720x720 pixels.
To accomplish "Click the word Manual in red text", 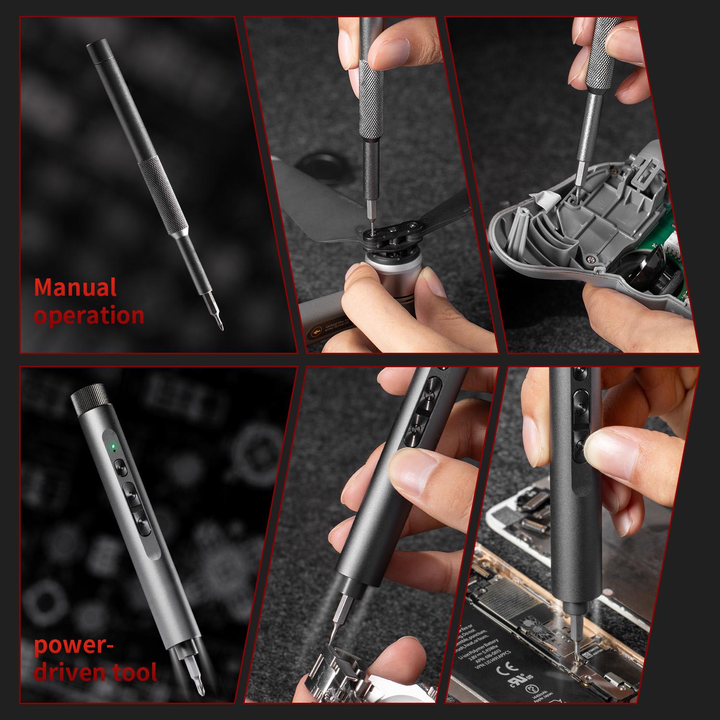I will point(75,288).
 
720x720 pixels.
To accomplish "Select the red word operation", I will point(89,316).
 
